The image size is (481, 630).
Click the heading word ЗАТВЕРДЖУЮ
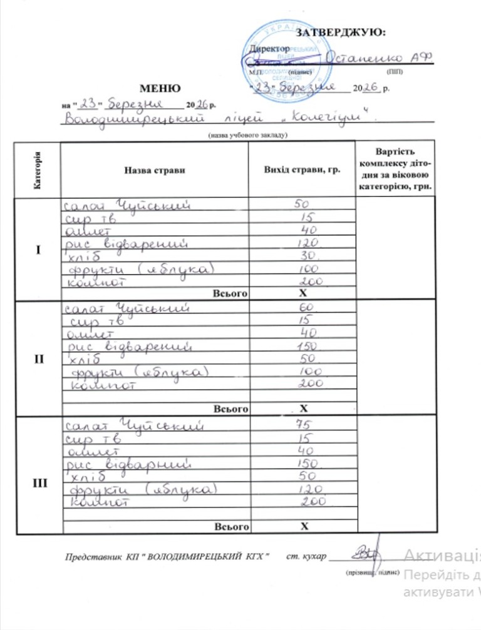click(x=340, y=33)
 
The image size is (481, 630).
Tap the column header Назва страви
click(x=154, y=170)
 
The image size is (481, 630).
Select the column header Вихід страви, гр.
click(x=302, y=170)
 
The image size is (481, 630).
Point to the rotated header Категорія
click(x=38, y=170)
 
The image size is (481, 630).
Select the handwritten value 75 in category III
click(x=304, y=425)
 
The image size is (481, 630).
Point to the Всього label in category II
click(x=231, y=409)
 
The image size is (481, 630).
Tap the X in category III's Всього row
click(x=304, y=526)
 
